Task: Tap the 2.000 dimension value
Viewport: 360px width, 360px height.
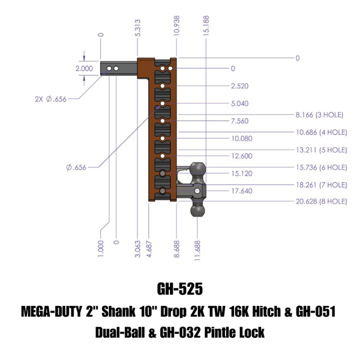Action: [84, 68]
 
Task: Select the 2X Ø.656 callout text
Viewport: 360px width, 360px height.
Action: [52, 100]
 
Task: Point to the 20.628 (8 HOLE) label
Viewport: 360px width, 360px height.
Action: [322, 203]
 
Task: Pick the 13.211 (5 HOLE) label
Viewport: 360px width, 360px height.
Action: [322, 149]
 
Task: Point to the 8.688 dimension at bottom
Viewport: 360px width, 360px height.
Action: [176, 247]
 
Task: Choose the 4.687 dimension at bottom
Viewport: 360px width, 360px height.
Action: [148, 247]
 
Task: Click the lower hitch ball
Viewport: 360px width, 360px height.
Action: [198, 212]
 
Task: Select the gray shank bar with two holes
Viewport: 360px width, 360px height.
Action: [120, 70]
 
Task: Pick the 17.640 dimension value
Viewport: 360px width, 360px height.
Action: [240, 192]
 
